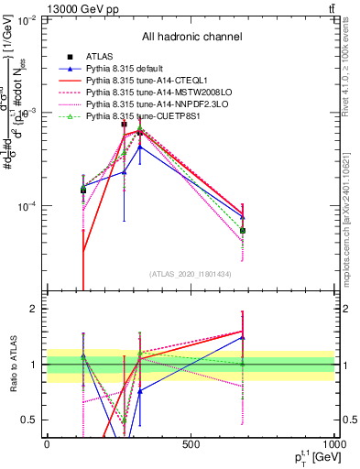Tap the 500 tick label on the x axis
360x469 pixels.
pos(191,443)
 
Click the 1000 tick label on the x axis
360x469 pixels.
pos(333,443)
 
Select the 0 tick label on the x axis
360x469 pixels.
pos(47,443)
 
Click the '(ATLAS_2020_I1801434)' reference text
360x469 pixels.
pos(191,274)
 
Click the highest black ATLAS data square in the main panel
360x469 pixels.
pos(125,124)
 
